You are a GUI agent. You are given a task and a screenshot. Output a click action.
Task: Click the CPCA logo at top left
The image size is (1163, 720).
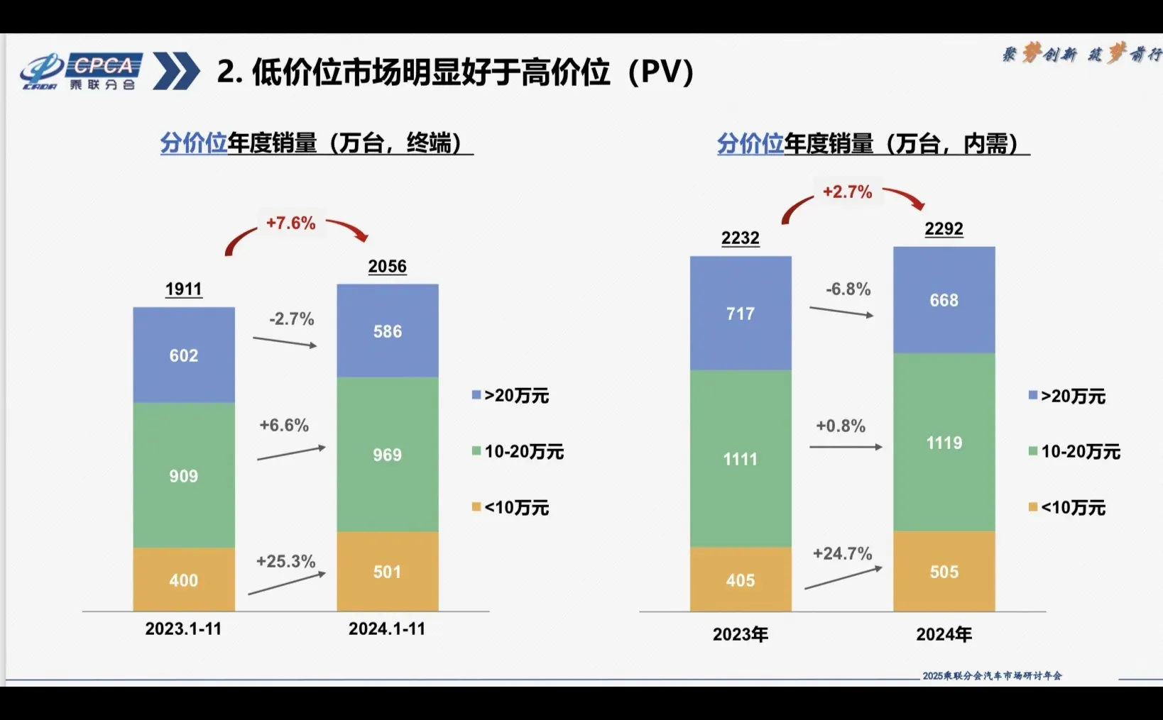point(80,72)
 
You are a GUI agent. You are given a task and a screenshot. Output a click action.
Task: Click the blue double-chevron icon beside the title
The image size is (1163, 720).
point(175,71)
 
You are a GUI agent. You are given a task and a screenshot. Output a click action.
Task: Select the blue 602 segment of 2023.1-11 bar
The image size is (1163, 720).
point(184,355)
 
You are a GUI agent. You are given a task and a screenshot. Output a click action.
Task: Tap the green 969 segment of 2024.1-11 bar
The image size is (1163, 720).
point(388,454)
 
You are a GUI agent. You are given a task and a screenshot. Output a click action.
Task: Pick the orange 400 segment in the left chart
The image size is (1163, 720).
point(184,580)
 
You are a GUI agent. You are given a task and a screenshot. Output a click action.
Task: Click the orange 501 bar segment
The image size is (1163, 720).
point(388,571)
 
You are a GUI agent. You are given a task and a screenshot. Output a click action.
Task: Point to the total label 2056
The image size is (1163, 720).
point(387,266)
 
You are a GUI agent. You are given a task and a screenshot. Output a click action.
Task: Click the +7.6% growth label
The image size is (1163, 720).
point(290,223)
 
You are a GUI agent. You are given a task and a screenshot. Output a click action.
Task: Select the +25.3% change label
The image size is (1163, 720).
point(285,561)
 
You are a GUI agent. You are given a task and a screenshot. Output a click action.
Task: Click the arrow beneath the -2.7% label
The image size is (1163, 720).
point(285,342)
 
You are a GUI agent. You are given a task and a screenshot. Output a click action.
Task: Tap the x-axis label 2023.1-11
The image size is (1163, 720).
point(183,628)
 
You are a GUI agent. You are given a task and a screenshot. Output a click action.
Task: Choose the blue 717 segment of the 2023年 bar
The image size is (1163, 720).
point(741,313)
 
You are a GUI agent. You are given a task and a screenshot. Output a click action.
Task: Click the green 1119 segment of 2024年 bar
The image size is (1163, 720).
point(944,443)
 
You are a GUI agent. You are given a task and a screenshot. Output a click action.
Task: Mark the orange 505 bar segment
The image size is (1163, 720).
point(944,571)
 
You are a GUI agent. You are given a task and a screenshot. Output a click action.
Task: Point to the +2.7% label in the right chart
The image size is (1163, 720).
point(847,192)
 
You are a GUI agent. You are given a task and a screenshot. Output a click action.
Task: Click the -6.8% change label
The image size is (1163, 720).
point(848,289)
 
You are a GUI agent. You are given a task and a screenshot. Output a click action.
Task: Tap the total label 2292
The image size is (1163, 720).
point(944,228)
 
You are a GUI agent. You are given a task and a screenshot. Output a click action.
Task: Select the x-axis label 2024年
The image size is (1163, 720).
point(944,633)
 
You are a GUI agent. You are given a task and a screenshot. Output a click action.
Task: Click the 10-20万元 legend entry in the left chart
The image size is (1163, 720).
point(518,451)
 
